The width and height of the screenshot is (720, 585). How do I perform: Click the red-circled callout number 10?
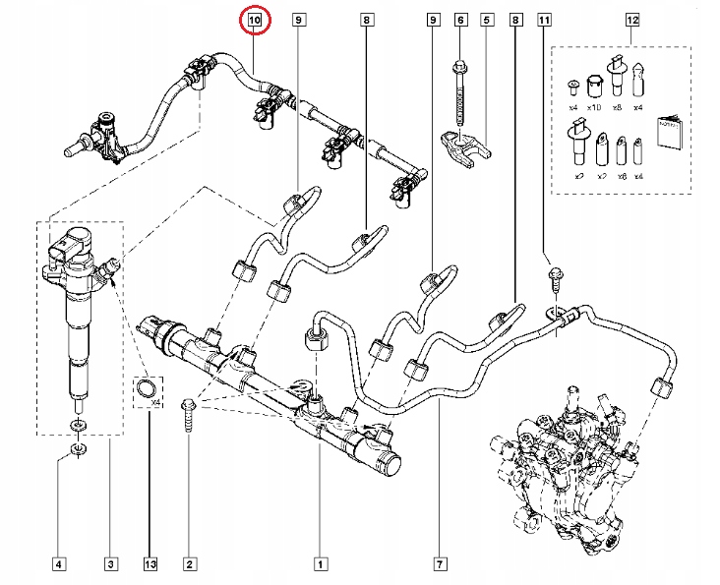pos(255,19)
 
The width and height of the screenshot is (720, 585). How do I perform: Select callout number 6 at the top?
pos(460,19)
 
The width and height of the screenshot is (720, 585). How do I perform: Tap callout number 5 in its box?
pos(486,19)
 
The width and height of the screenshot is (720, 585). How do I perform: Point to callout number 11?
pos(545,19)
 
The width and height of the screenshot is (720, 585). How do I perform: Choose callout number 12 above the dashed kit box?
pos(632,19)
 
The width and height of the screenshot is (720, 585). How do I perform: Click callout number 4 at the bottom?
pos(59,563)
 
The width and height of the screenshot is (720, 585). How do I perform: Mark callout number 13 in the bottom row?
pos(150,563)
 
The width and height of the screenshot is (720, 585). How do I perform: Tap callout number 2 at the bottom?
pos(190,563)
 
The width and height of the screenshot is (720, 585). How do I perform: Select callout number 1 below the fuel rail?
pos(320,563)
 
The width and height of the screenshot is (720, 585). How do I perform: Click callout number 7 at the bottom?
pos(439,563)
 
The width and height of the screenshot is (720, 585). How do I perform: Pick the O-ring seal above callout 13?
pos(148,389)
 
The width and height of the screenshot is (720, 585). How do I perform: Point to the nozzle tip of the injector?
pos(76,401)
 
